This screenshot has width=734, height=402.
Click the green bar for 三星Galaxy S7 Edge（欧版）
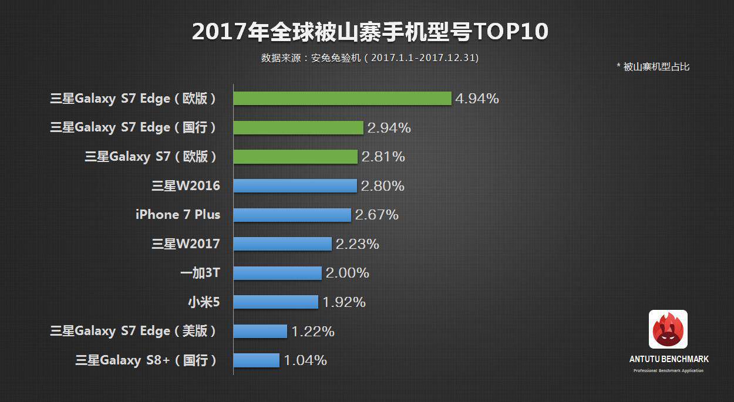coord(342,98)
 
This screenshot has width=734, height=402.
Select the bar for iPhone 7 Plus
coord(292,215)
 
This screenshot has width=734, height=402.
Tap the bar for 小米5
coord(275,302)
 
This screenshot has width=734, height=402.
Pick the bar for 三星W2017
coord(282,244)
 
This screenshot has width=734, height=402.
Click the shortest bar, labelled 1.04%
coord(256,360)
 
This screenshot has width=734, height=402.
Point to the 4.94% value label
coord(477,99)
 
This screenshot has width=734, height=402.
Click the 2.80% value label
coord(382,186)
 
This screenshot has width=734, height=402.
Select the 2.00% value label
coord(347,273)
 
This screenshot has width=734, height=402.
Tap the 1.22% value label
coord(312,331)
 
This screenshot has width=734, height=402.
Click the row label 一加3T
coord(200,273)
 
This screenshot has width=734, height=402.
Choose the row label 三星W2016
coord(186,186)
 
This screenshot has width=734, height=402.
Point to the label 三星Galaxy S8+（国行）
coord(147,360)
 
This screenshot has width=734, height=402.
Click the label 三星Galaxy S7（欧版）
coord(151,157)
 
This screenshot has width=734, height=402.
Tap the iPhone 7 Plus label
coord(178,215)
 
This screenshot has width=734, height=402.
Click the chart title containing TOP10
coord(370,32)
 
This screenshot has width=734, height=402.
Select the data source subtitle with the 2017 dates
coord(370,58)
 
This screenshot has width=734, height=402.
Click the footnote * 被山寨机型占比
coord(652,67)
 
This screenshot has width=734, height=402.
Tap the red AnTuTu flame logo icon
coord(668,329)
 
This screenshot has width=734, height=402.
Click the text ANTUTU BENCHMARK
coord(669,359)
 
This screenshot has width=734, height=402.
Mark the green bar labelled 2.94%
coord(298,127)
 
